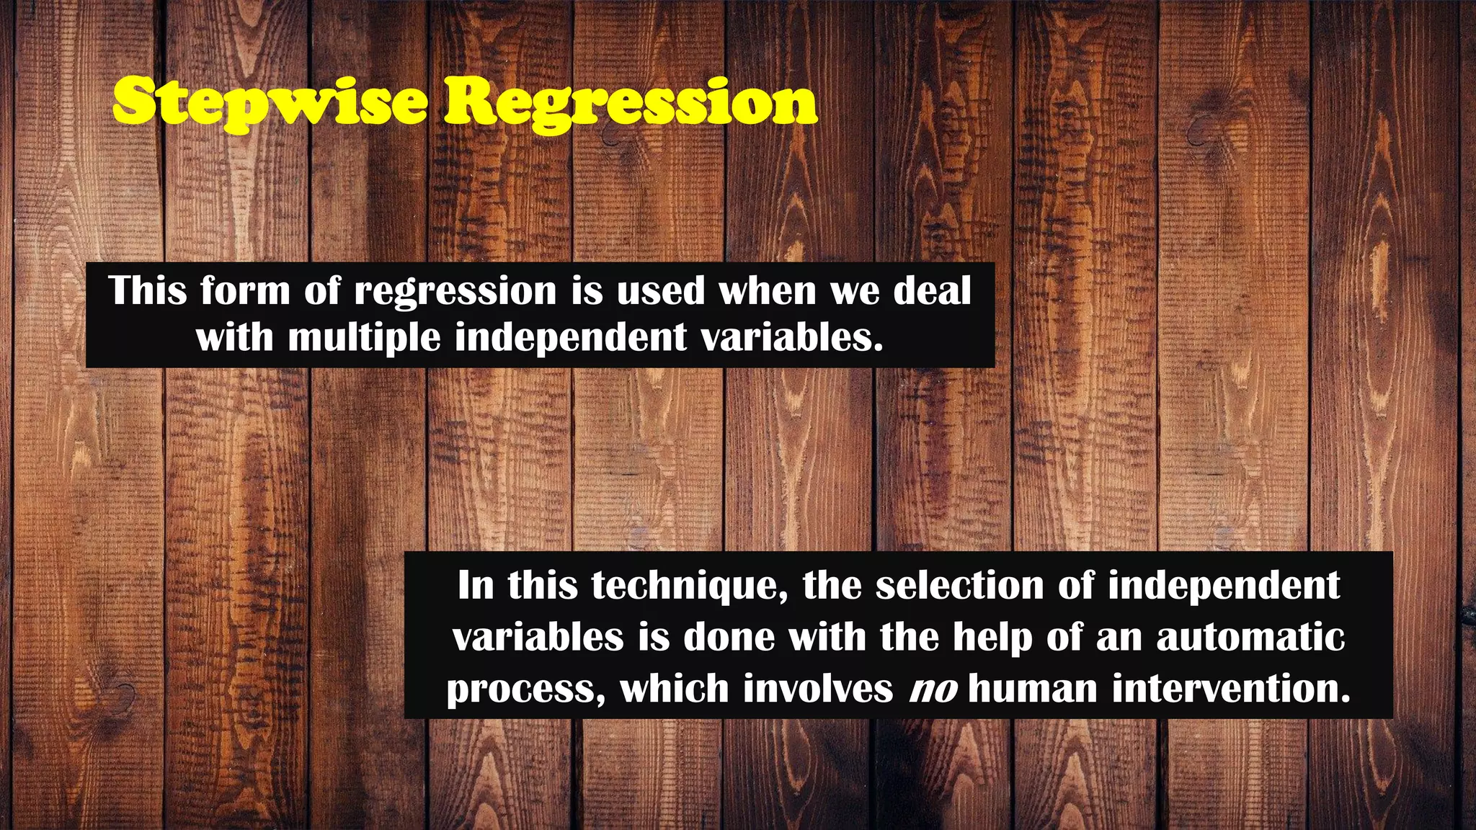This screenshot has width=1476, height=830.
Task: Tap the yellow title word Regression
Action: coord(630,103)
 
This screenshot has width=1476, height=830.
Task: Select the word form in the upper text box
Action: coord(244,290)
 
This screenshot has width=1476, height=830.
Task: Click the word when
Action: coord(767,290)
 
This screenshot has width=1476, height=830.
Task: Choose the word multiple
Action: coord(364,337)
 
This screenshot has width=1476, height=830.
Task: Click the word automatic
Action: coord(1250,637)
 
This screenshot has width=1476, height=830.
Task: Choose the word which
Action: coord(675,688)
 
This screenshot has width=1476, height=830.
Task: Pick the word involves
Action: coord(818,688)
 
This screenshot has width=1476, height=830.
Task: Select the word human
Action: coord(1033,688)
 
